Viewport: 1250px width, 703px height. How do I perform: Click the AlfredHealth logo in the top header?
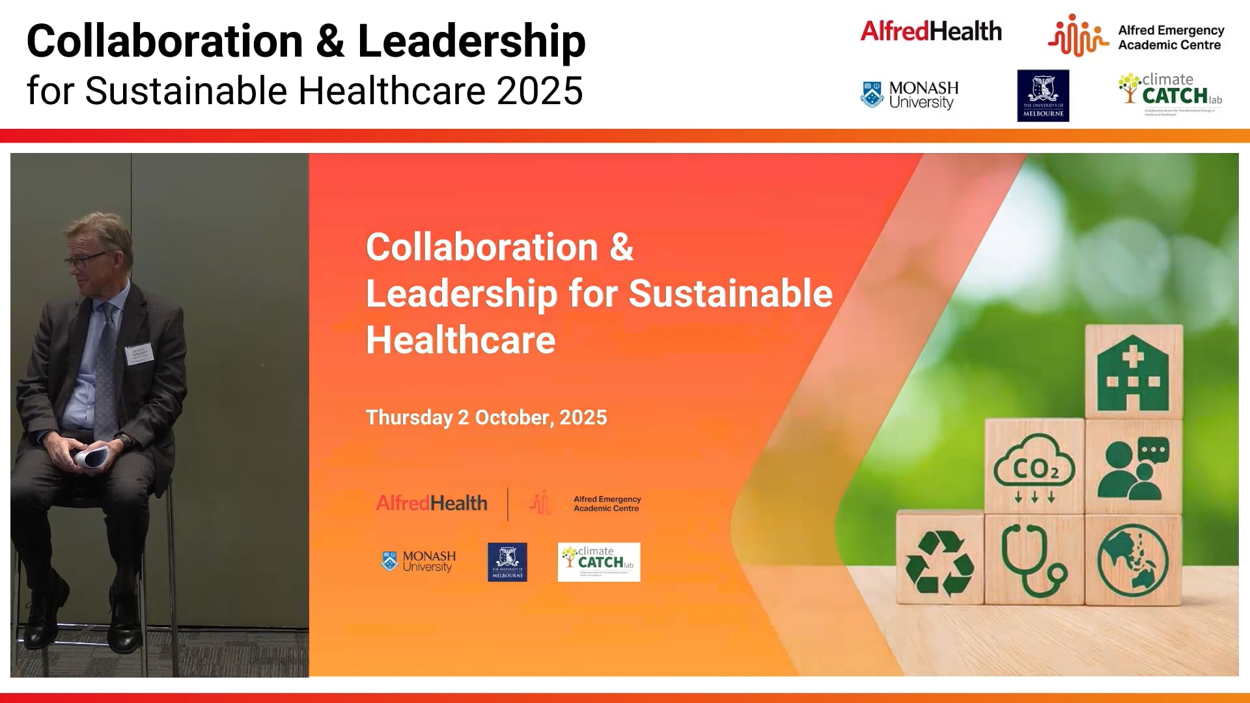(930, 31)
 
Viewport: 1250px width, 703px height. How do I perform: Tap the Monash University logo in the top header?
(910, 95)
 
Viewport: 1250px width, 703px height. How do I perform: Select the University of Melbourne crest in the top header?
(1043, 95)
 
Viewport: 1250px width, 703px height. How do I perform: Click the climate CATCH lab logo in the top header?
(1171, 93)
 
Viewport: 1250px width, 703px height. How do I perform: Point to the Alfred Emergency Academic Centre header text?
(1170, 38)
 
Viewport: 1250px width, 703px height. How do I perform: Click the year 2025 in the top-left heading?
(540, 90)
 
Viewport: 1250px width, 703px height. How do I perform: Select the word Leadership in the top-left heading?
(471, 41)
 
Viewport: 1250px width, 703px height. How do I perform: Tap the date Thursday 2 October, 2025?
(486, 417)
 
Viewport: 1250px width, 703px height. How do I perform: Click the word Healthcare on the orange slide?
(460, 340)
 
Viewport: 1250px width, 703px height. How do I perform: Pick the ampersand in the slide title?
(621, 247)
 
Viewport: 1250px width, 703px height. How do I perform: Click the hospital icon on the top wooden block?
(1132, 372)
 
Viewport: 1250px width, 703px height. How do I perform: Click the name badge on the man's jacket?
(139, 353)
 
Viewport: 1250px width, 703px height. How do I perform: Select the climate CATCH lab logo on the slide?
(599, 562)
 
